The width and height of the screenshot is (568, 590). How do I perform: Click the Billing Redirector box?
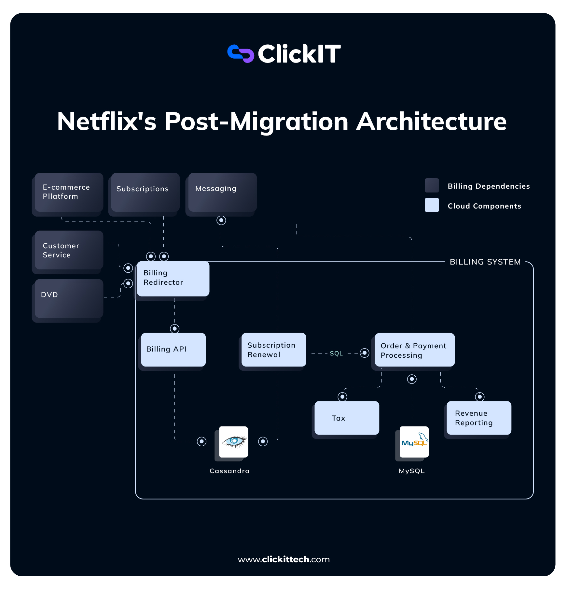[173, 279]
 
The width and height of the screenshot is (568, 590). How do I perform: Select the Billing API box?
[173, 350]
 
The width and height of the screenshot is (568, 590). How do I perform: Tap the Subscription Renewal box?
[273, 350]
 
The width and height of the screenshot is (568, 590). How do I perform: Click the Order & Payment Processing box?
[414, 350]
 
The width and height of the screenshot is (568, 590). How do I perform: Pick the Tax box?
[347, 418]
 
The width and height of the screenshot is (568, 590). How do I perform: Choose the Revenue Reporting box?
[478, 418]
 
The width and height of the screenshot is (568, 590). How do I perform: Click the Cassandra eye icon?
[234, 442]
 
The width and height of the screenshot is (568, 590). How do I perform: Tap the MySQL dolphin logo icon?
[414, 442]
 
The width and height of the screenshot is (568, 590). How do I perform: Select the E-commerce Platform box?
[69, 192]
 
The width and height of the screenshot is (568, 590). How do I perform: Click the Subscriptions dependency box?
[145, 192]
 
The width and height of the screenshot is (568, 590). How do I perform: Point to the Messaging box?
[222, 192]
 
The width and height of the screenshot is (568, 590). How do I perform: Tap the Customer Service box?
[69, 250]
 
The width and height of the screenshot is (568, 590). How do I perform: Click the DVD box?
[69, 298]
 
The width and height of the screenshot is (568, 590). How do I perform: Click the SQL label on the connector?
[336, 353]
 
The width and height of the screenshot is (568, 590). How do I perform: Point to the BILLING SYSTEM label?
[485, 262]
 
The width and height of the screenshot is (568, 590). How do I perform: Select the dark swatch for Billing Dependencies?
[432, 185]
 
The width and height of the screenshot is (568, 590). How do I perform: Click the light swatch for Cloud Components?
[432, 205]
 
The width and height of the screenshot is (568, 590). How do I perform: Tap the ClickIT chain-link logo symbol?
[241, 53]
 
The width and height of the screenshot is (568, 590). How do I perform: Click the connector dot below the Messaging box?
[221, 221]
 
